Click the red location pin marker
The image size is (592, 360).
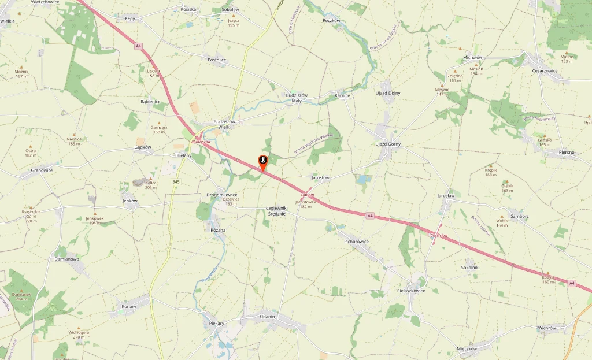[x=262, y=162]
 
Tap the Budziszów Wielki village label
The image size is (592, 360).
[x=224, y=125]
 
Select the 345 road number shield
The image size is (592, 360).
[x=175, y=182]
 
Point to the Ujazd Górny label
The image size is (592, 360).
[x=388, y=144]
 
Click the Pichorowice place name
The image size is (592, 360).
[x=356, y=241]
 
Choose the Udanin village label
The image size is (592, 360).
[x=268, y=317]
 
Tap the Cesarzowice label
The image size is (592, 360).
[x=545, y=71]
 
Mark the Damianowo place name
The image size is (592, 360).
[x=66, y=259]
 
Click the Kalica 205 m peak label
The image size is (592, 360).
[x=151, y=185]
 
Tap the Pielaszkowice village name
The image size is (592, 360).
[x=411, y=291]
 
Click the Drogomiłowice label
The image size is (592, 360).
[x=222, y=195]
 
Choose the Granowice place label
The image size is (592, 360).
[x=42, y=170]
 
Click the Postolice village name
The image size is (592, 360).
[x=217, y=60]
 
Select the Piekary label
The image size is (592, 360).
[x=216, y=323]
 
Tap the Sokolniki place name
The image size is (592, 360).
[x=471, y=268]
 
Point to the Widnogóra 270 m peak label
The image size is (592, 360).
[x=79, y=335]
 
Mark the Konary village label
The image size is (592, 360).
[x=129, y=306]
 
